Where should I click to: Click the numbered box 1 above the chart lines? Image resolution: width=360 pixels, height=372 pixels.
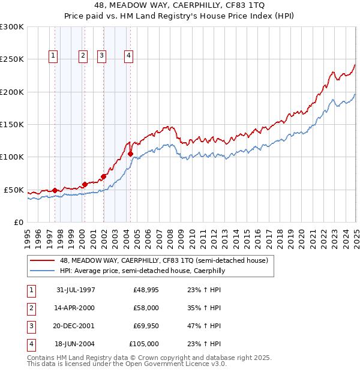53,56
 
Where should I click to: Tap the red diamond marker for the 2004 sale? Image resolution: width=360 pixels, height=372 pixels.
130,154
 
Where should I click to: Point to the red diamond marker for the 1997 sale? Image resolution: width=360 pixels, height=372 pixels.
55,190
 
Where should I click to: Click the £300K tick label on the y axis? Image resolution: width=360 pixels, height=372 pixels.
12,27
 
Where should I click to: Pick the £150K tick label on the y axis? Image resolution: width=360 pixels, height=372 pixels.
12,124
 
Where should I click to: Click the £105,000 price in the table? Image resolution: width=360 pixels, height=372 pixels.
145,344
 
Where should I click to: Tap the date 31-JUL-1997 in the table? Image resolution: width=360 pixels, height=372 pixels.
75,290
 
